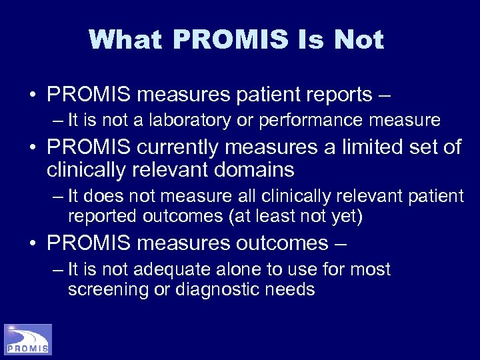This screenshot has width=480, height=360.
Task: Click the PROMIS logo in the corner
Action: [x=28, y=339]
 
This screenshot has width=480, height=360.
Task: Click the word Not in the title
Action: [x=359, y=40]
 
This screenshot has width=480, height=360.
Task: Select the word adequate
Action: [x=172, y=270]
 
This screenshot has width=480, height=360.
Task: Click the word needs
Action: [x=291, y=290]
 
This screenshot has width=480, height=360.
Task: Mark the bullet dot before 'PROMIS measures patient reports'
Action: [x=33, y=95]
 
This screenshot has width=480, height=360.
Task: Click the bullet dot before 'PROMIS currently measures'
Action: [x=33, y=147]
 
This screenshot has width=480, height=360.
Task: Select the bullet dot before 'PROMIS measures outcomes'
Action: [x=33, y=243]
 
